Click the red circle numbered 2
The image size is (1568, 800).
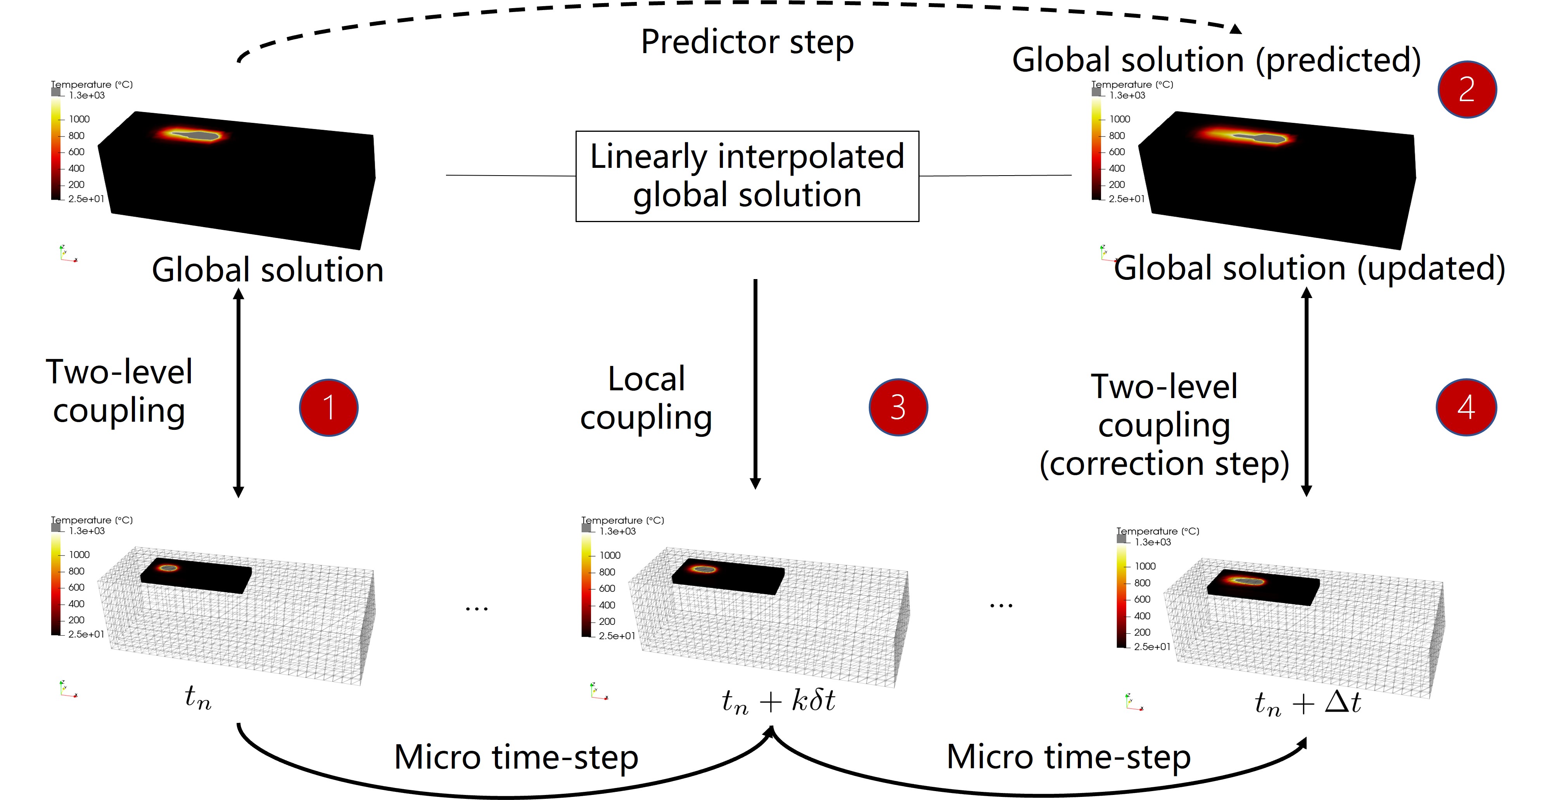1467,90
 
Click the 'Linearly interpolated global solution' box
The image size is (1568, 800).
747,176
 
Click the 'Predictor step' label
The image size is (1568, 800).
747,43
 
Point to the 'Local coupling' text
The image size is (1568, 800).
647,398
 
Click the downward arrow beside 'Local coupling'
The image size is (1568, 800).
755,384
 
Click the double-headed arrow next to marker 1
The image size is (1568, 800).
239,392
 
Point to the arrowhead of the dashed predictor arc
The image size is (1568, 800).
1236,29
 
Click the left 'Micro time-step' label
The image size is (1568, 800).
516,757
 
